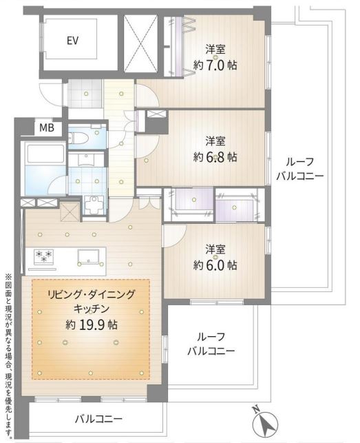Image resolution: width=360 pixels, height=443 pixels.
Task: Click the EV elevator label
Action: pyautogui.click(x=72, y=41)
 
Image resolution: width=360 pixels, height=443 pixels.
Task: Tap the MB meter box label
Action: pyautogui.click(x=47, y=128)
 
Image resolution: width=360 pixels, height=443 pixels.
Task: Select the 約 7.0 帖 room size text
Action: pyautogui.click(x=215, y=65)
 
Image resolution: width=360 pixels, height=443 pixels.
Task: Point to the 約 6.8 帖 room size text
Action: pyautogui.click(x=215, y=157)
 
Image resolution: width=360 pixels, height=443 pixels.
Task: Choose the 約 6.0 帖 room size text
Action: pyautogui.click(x=215, y=265)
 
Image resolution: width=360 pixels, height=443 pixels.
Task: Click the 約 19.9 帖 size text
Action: pyautogui.click(x=92, y=325)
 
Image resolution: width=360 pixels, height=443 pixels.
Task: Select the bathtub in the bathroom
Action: pyautogui.click(x=45, y=154)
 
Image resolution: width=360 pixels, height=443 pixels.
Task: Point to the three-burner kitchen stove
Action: pyautogui.click(x=43, y=256)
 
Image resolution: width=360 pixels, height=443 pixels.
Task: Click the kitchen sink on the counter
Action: pyautogui.click(x=89, y=257)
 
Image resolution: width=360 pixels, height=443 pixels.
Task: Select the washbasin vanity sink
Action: pyautogui.click(x=87, y=159)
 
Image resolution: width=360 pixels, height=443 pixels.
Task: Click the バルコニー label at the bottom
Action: pyautogui.click(x=98, y=419)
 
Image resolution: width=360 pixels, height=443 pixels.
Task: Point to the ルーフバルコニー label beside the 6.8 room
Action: pyautogui.click(x=299, y=169)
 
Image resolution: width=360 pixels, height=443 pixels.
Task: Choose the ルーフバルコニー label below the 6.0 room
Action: pyautogui.click(x=211, y=344)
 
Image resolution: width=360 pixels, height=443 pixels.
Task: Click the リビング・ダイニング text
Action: pyautogui.click(x=92, y=295)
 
